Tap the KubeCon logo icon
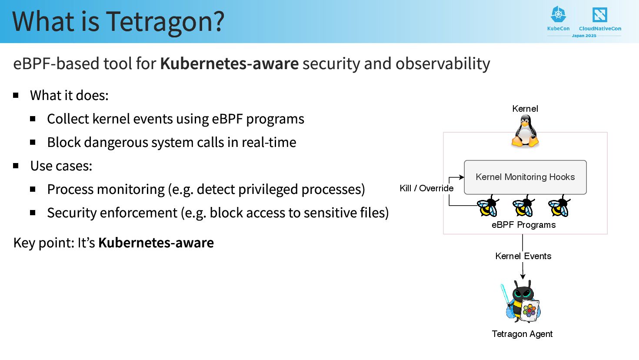click(x=559, y=15)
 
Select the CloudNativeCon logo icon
click(x=599, y=15)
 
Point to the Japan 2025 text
click(x=584, y=36)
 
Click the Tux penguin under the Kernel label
click(x=525, y=131)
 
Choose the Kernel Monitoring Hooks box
click(x=525, y=177)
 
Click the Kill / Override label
click(x=426, y=188)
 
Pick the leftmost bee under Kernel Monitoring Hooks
click(x=488, y=206)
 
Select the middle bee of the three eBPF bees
click(x=523, y=206)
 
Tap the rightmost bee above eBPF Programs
click(x=559, y=206)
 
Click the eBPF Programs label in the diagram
click(x=523, y=225)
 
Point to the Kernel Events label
click(x=523, y=256)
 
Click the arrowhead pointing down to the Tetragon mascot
click(x=523, y=276)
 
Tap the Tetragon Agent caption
click(x=522, y=334)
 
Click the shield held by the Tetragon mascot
click(x=530, y=310)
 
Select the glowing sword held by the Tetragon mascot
click(x=505, y=294)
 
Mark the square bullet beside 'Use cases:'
click(x=16, y=166)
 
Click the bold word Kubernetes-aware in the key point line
click(x=156, y=243)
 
